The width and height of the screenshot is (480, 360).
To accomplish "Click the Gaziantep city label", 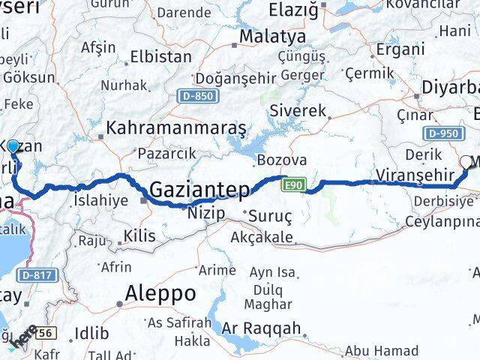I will click(200, 190).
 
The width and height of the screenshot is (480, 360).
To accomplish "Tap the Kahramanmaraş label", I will click(177, 128).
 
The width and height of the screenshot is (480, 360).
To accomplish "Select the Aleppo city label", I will click(160, 292).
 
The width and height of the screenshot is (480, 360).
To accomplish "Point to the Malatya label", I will click(262, 36).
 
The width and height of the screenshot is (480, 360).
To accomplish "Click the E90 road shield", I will click(292, 184).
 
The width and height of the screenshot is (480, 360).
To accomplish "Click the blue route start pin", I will click(13, 146).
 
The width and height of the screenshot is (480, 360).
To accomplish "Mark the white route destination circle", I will click(466, 161).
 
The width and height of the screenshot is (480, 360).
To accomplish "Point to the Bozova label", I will click(282, 160).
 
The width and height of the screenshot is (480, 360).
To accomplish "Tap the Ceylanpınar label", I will click(442, 220).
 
